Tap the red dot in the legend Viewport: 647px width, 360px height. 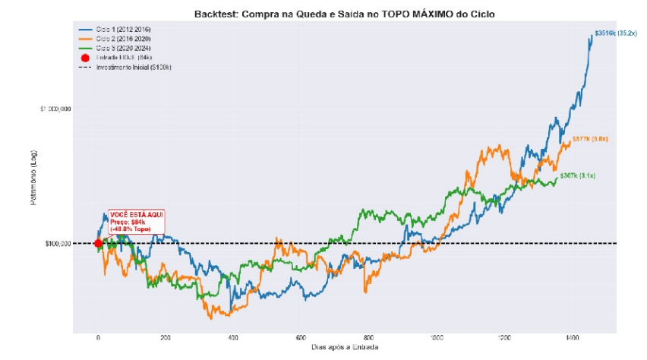point(85,58)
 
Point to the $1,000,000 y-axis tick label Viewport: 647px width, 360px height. point(55,109)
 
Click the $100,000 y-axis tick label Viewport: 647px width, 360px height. point(58,244)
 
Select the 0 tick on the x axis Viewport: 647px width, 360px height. point(98,337)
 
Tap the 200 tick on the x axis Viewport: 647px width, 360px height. point(166,337)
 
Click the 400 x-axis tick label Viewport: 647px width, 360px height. point(233,337)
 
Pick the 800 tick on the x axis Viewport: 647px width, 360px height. point(369,337)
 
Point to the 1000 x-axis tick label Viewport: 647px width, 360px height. point(437,337)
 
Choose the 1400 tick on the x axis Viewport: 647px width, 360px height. point(572,337)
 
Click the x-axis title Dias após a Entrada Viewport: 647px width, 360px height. point(344,347)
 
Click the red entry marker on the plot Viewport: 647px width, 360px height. point(98,243)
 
